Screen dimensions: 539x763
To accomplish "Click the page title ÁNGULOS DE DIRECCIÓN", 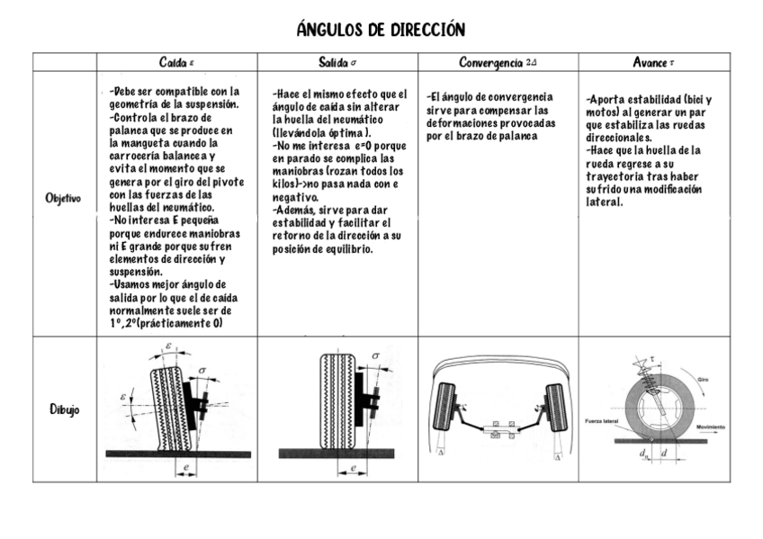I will point(381,31).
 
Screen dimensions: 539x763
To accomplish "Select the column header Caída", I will point(176,62).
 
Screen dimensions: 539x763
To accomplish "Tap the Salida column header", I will point(338,62).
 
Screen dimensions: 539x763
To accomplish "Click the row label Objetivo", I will point(64,198).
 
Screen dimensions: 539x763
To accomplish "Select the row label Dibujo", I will point(64,409).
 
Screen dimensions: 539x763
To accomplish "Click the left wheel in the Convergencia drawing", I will point(445,407).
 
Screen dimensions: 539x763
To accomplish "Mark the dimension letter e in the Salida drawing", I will point(354,467).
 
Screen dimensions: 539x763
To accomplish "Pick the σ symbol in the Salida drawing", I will point(374,356).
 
